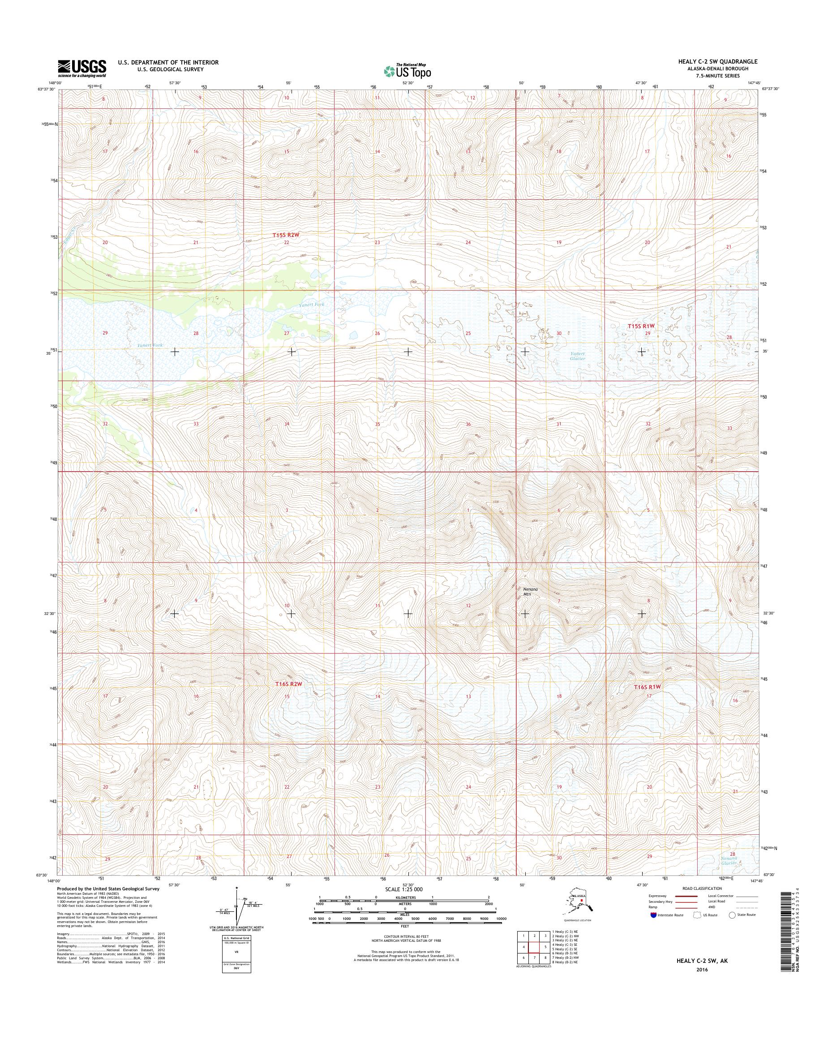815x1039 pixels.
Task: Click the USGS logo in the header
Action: [x=82, y=68]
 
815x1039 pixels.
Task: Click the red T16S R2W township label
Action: [x=289, y=684]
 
